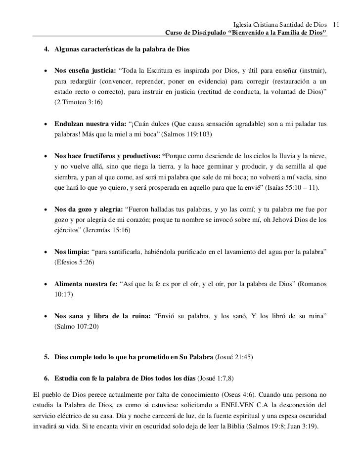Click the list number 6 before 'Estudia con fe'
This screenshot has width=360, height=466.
click(46, 379)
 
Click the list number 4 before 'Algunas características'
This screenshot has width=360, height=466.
click(46, 50)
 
